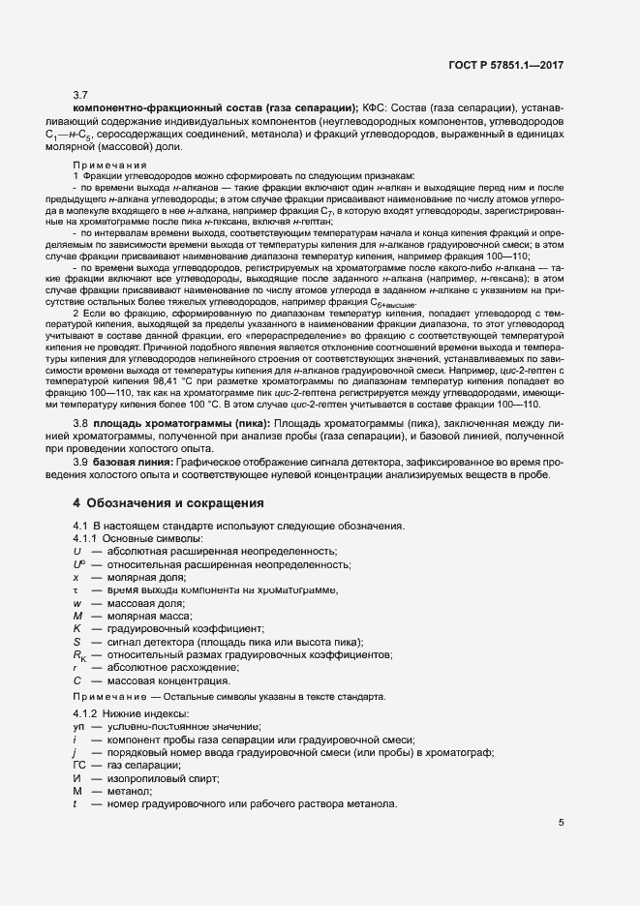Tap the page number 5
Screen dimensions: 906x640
562,824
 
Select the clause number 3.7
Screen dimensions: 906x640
81,95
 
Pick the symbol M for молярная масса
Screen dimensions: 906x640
76,616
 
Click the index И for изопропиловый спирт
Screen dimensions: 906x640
76,778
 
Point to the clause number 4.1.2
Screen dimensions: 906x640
88,713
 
